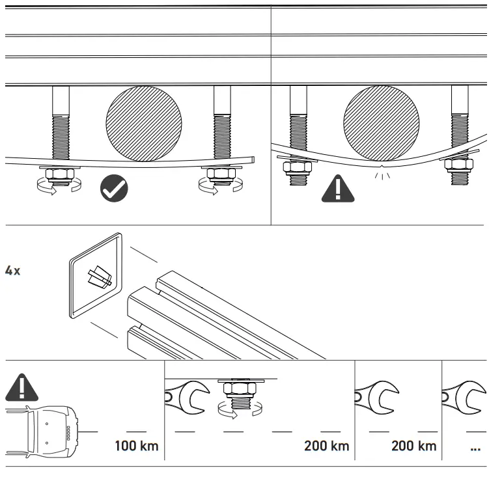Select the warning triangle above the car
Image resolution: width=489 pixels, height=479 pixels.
pyautogui.click(x=21, y=388)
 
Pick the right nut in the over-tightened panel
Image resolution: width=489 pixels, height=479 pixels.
pyautogui.click(x=459, y=171)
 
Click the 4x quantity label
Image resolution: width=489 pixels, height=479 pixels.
pyautogui.click(x=12, y=271)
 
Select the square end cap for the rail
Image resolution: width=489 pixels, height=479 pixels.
pyautogui.click(x=96, y=275)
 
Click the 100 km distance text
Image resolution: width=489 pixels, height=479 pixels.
pyautogui.click(x=136, y=446)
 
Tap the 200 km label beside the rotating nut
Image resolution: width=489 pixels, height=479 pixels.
pyautogui.click(x=326, y=446)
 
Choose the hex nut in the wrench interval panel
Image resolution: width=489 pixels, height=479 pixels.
pyautogui.click(x=242, y=391)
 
